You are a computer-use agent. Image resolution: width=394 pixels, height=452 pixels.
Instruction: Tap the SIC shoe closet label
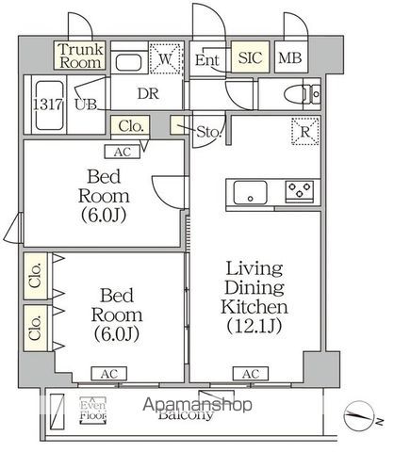pyautogui.click(x=251, y=58)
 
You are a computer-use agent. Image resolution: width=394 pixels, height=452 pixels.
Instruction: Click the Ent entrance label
pyautogui.click(x=208, y=60)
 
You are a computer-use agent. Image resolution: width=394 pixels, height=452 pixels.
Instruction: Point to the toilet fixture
pyautogui.click(x=303, y=93)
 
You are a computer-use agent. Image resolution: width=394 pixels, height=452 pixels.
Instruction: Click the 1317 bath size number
pyautogui.click(x=46, y=104)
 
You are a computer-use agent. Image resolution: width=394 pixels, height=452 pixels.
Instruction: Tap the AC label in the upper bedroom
pyautogui.click(x=123, y=150)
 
